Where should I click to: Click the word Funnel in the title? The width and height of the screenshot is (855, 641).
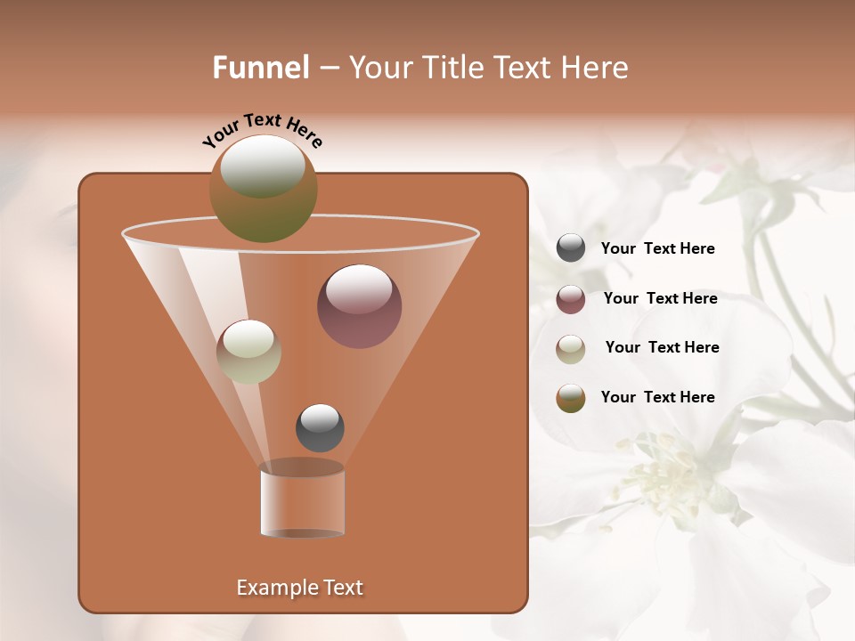click(261, 68)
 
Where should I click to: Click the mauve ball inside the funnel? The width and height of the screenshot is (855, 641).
click(359, 306)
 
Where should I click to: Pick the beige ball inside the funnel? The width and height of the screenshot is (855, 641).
click(248, 352)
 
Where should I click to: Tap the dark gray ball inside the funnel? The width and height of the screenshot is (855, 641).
click(320, 428)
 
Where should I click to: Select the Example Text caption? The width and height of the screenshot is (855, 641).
click(300, 588)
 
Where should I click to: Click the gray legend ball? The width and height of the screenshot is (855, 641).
click(571, 248)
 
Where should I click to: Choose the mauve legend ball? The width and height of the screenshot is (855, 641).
click(571, 299)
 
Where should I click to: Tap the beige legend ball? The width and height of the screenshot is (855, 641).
click(571, 349)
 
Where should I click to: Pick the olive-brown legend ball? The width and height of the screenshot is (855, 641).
click(571, 398)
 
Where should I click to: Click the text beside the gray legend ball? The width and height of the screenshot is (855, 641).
click(657, 249)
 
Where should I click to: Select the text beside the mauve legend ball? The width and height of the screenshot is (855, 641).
click(660, 299)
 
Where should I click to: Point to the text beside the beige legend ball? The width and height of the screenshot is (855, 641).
click(662, 348)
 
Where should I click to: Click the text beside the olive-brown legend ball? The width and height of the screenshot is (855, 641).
click(657, 398)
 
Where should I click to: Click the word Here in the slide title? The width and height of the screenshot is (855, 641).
click(596, 68)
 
